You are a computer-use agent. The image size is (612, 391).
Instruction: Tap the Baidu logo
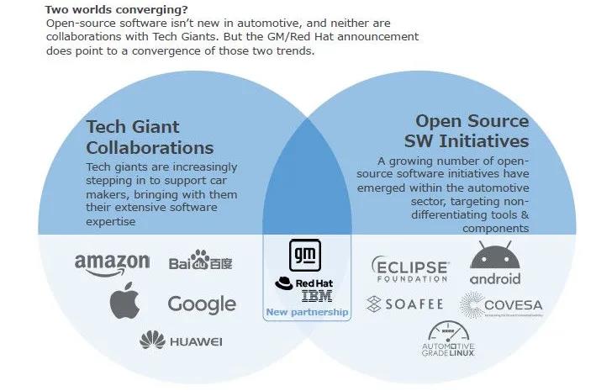tap(200, 261)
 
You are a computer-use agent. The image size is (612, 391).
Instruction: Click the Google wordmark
tap(201, 304)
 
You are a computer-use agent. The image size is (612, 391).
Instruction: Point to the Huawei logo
tap(181, 340)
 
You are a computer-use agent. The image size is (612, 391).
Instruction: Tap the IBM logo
tap(316, 296)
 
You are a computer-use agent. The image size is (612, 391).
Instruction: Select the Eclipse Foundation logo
tap(410, 269)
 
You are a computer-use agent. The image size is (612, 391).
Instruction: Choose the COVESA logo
tap(502, 305)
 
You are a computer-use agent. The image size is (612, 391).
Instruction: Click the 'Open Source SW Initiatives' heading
tap(472, 130)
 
